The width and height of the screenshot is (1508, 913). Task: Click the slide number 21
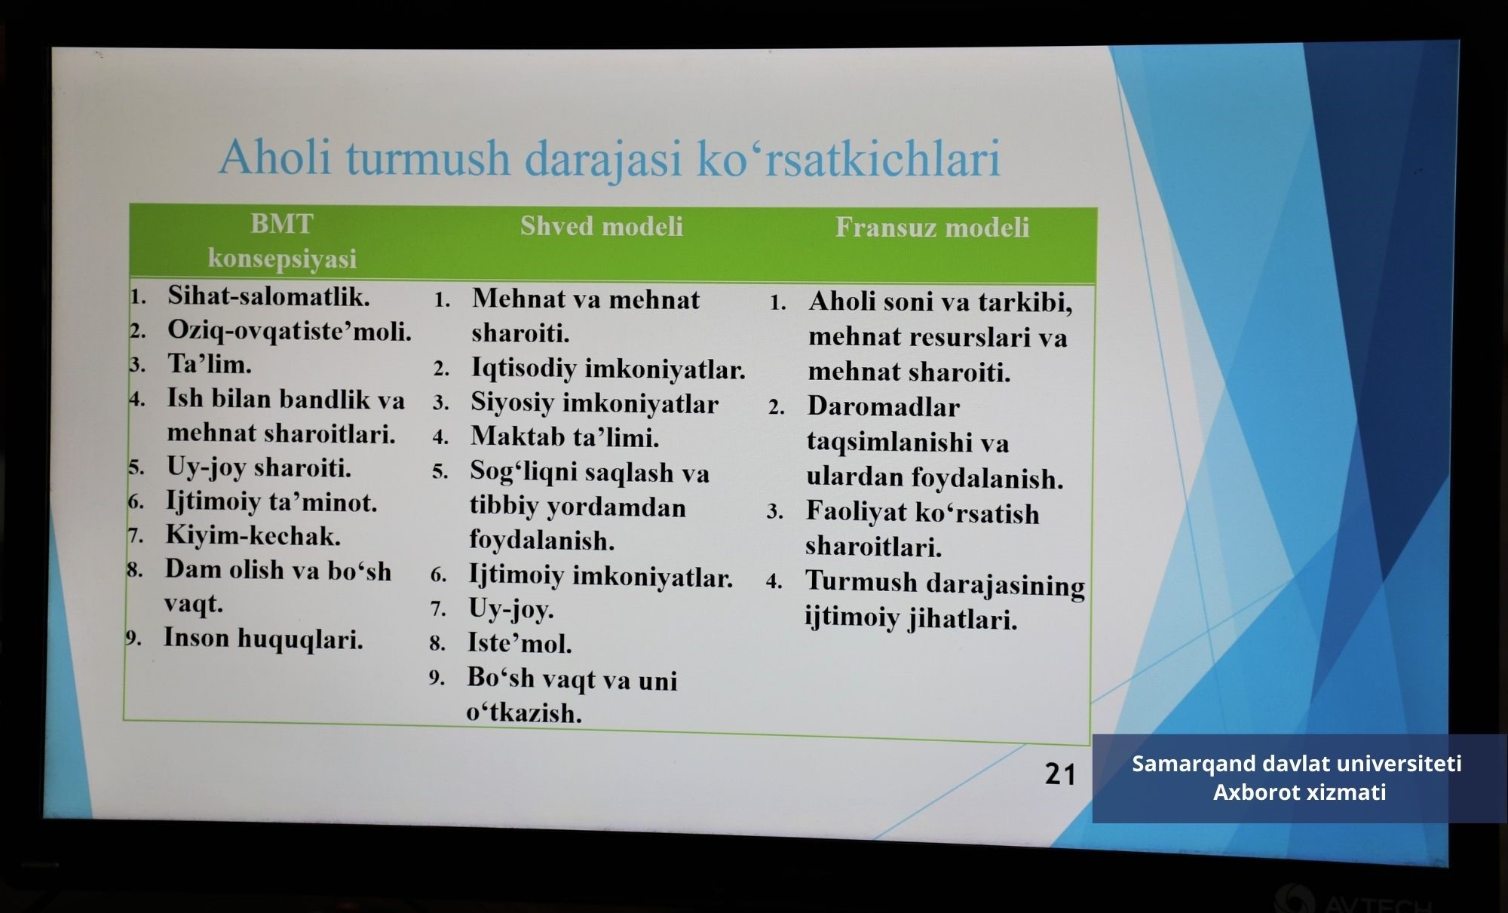(x=1059, y=774)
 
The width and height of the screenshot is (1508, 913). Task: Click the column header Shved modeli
(x=602, y=226)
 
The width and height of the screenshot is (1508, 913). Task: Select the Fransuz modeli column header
(x=932, y=228)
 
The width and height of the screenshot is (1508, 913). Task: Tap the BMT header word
(x=282, y=224)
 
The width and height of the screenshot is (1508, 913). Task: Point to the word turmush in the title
(x=428, y=158)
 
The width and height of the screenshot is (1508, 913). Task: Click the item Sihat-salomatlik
(x=268, y=296)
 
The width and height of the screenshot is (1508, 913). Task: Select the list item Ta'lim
(x=209, y=364)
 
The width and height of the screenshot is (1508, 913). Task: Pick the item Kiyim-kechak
(x=253, y=535)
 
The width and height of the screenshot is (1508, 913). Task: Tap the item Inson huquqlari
(x=263, y=639)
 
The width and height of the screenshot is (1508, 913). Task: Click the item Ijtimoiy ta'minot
(x=271, y=501)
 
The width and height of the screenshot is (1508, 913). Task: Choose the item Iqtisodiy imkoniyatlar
(x=608, y=369)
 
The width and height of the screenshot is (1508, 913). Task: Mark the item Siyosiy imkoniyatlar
(x=594, y=403)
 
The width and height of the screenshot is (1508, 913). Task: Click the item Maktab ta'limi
(x=565, y=437)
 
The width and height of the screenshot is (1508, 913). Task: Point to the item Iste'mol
(x=520, y=643)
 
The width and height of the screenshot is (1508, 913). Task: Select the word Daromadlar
(x=883, y=407)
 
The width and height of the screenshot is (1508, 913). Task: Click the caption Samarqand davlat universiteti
(x=1297, y=764)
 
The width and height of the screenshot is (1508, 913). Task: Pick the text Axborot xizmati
(x=1299, y=792)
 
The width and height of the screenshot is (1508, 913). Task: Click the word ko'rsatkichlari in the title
(x=848, y=158)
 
